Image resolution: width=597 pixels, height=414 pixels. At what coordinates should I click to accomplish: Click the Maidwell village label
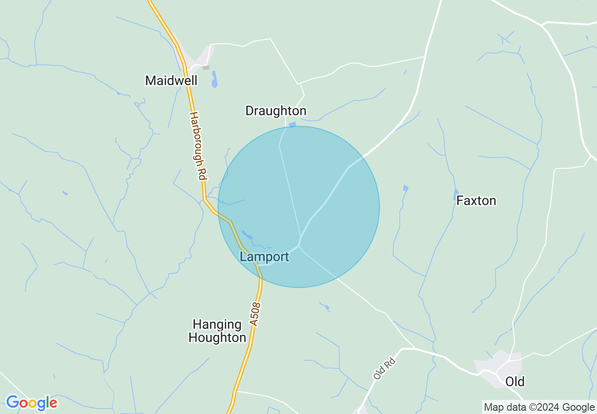click(x=171, y=80)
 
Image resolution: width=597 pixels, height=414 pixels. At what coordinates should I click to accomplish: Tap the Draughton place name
click(x=275, y=111)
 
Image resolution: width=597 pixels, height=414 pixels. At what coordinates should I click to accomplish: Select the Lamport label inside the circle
click(x=264, y=257)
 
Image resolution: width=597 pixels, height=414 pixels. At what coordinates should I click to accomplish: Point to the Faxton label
click(x=476, y=201)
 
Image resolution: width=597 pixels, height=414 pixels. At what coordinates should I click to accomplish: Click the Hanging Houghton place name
click(x=217, y=331)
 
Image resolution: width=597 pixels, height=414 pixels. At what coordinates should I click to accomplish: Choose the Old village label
click(x=515, y=382)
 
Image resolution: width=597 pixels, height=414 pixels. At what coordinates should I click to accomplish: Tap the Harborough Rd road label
click(x=198, y=146)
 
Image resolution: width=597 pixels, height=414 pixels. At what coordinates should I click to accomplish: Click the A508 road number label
click(x=255, y=314)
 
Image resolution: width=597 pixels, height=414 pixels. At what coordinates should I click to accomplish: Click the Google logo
click(x=32, y=403)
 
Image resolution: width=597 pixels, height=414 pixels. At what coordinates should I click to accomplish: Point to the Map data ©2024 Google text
click(x=539, y=407)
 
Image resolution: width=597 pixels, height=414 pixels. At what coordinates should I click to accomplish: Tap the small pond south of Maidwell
click(x=215, y=80)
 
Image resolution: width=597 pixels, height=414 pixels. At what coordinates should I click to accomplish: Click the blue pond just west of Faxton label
click(x=456, y=194)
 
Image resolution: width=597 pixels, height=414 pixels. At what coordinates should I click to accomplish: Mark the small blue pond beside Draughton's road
click(x=292, y=125)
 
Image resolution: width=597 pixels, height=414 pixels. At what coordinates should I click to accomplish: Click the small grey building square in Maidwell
click(x=206, y=68)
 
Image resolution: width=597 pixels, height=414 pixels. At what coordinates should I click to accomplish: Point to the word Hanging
click(x=217, y=325)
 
